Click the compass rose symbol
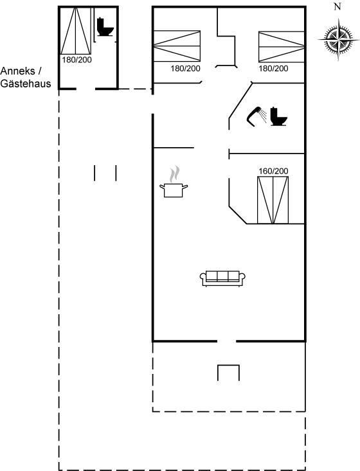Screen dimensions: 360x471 [338, 39]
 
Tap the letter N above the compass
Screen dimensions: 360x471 [337, 6]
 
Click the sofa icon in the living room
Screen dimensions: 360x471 [222, 278]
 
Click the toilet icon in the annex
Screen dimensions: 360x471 [105, 27]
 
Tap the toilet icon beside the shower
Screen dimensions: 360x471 [278, 116]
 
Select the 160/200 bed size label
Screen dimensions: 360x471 [273, 171]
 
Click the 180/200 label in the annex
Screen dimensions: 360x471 [76, 60]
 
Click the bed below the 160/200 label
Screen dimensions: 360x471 [273, 200]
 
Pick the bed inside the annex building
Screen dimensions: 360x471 [76, 31]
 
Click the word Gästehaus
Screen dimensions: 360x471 [26, 84]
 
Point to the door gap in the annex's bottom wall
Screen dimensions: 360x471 [85, 89]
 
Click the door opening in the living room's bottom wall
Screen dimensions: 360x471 [226, 341]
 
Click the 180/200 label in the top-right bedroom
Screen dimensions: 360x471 [273, 69]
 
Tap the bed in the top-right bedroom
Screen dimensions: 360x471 [282, 46]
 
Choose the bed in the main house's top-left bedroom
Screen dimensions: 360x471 [177, 46]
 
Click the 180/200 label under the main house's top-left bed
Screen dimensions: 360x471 [185, 69]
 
